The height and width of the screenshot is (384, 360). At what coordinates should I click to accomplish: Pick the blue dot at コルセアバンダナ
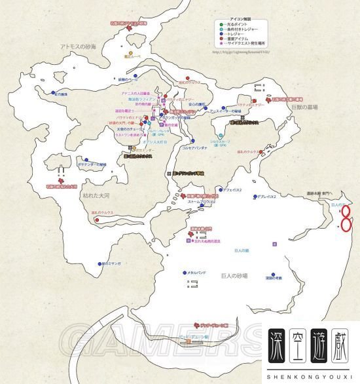pos(194,140)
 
